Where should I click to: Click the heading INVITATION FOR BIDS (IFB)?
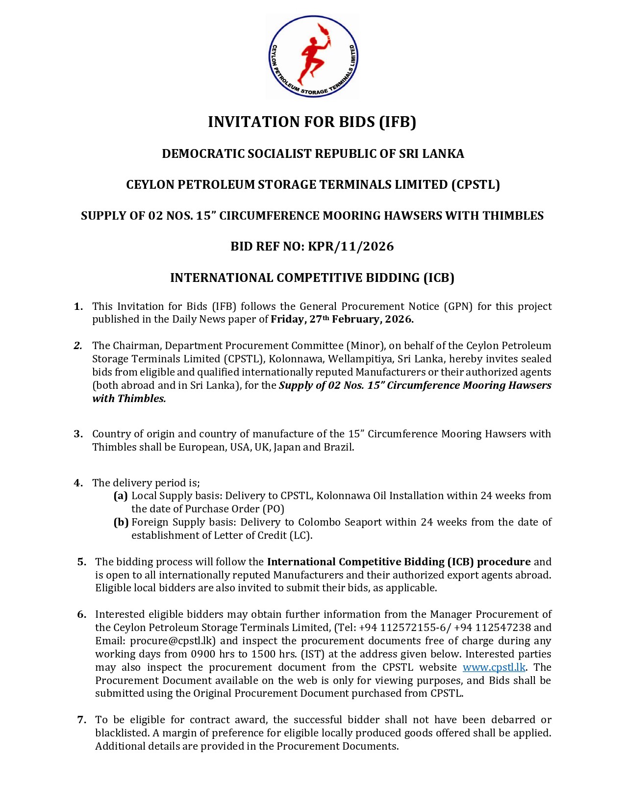pyautogui.click(x=312, y=122)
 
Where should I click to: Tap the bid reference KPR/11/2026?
pyautogui.click(x=350, y=246)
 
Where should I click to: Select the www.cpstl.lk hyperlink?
pyautogui.click(x=494, y=667)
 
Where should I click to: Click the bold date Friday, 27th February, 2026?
pyautogui.click(x=342, y=319)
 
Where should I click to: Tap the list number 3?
pyautogui.click(x=78, y=434)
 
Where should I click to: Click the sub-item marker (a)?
pyautogui.click(x=121, y=496)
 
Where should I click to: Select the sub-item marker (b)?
pyautogui.click(x=121, y=522)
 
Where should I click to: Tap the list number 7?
pyautogui.click(x=81, y=720)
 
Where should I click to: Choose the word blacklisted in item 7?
pyautogui.click(x=122, y=733)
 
